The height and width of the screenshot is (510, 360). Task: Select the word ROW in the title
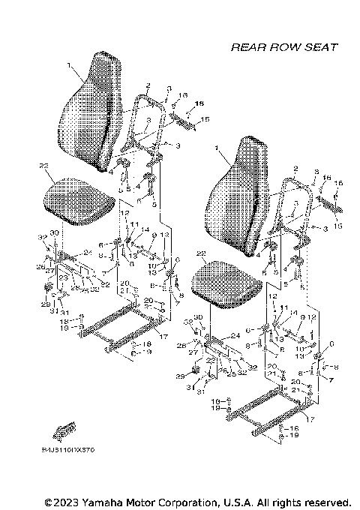point(286,46)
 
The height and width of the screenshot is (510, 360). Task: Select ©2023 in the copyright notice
point(64,501)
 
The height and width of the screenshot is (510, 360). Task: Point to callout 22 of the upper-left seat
point(44,166)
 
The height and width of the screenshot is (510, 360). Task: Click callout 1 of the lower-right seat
point(216,149)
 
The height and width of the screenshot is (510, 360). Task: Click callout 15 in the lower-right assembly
point(337,226)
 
